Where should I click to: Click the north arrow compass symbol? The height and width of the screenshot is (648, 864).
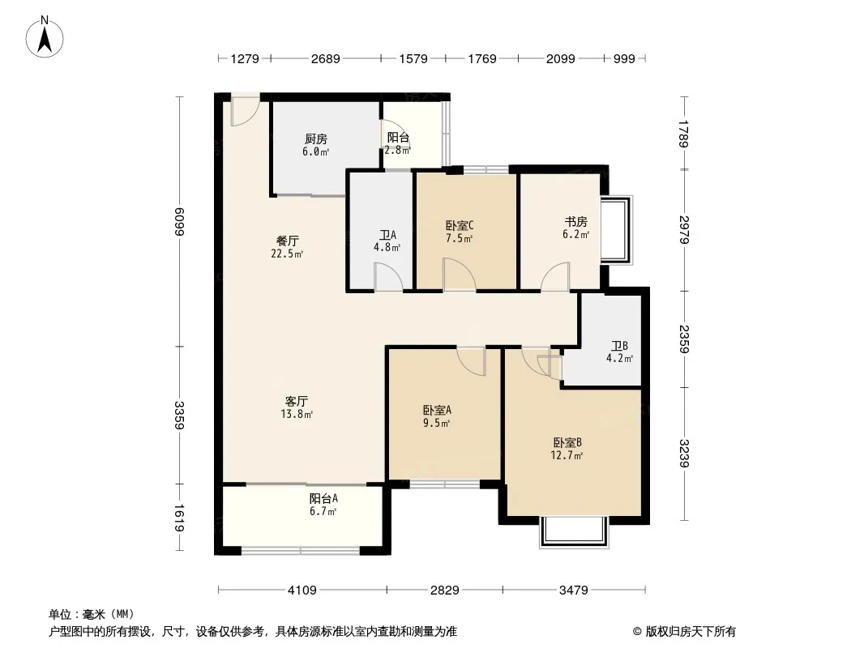[x=45, y=37]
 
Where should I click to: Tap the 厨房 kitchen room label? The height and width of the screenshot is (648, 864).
[x=316, y=139]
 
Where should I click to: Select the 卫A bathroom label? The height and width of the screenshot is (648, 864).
[x=387, y=235]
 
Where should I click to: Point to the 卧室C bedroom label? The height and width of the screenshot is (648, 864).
[x=460, y=225]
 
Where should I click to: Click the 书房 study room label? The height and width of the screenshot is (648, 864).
[x=575, y=222]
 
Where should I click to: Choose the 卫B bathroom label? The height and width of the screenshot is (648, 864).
[x=619, y=346]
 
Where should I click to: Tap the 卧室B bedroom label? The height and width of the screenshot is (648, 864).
[x=567, y=442]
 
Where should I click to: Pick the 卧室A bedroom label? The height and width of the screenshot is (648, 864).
[x=438, y=410]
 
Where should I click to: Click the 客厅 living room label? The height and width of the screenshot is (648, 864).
[x=297, y=401]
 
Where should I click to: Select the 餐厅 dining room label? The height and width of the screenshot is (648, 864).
[x=288, y=241]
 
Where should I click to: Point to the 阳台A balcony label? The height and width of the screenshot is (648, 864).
[x=323, y=499]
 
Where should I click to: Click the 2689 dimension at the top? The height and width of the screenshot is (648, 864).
[x=326, y=58]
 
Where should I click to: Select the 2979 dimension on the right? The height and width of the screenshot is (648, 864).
[x=684, y=230]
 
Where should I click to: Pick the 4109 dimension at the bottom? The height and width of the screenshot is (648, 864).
[x=302, y=590]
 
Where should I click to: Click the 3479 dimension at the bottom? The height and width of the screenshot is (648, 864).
[x=574, y=590]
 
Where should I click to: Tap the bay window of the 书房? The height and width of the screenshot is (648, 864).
[x=616, y=229]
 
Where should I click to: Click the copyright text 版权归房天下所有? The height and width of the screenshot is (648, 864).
[x=691, y=632]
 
